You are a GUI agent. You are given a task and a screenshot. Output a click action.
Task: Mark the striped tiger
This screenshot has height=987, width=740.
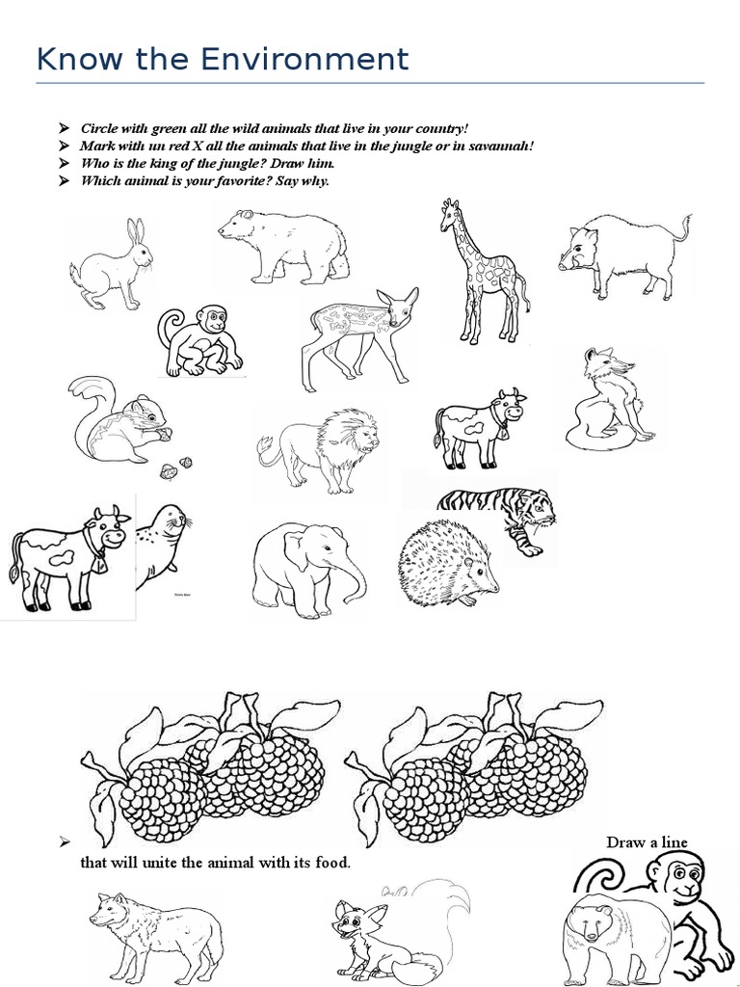pos(501,516)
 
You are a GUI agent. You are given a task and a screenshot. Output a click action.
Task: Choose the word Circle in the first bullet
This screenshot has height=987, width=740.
pos(99,128)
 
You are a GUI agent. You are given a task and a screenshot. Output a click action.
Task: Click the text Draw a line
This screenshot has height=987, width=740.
pos(647,842)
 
